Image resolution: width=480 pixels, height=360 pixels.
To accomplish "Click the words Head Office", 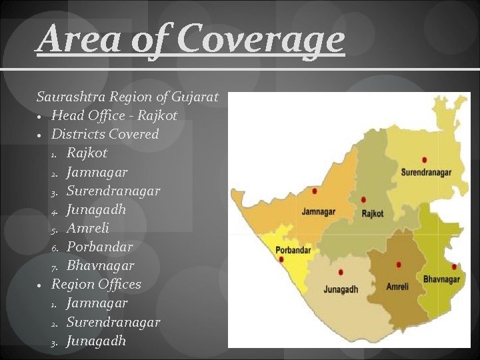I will pyautogui.click(x=91, y=115).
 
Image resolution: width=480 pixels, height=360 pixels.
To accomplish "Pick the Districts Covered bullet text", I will pyautogui.click(x=105, y=134).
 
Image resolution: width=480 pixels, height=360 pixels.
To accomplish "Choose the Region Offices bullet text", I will pyautogui.click(x=96, y=284).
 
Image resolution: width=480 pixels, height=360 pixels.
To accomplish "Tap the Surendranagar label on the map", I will pyautogui.click(x=426, y=172).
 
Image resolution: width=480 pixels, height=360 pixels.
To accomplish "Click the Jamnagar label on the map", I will pyautogui.click(x=318, y=212).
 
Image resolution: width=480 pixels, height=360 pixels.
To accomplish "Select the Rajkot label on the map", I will pyautogui.click(x=373, y=214).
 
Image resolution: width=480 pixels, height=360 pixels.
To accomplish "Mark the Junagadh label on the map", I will pyautogui.click(x=341, y=289).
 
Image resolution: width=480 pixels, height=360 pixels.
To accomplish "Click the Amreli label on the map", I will pyautogui.click(x=402, y=287).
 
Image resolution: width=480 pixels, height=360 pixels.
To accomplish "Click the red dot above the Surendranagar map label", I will pyautogui.click(x=425, y=160).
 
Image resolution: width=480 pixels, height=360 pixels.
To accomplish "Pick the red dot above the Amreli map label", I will pyautogui.click(x=399, y=265).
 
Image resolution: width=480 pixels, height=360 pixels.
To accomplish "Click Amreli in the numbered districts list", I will pyautogui.click(x=87, y=228).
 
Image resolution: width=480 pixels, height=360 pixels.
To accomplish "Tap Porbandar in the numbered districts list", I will pyautogui.click(x=99, y=247).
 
